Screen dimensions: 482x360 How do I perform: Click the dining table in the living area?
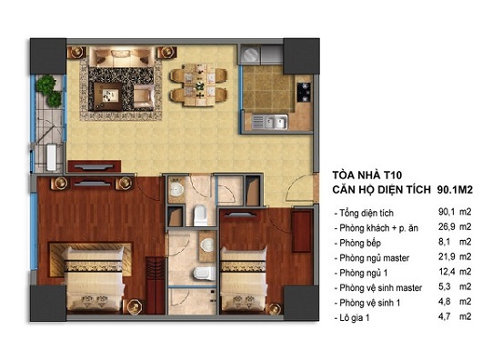[199, 85]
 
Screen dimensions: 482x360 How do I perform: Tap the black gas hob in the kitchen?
[304, 92]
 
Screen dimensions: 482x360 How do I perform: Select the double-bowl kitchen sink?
[269, 122]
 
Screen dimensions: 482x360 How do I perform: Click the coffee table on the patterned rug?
[107, 96]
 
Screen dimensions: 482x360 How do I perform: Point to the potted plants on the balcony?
[49, 91]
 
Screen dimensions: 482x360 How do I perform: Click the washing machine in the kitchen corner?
[250, 55]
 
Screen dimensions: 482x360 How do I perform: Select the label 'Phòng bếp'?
[360, 243]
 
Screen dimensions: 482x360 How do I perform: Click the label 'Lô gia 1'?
[354, 317]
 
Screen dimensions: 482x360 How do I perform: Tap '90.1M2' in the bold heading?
[455, 190]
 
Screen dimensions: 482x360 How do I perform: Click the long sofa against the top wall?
[122, 56]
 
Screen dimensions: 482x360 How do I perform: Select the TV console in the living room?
[94, 166]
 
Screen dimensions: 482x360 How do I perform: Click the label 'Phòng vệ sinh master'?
[380, 288]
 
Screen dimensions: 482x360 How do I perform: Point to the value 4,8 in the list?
[444, 301]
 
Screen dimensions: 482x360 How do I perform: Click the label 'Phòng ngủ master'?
[374, 258]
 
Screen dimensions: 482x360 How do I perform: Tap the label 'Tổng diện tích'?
[367, 213]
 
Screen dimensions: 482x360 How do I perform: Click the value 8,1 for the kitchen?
[444, 242]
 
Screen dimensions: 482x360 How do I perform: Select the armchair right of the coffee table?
[144, 96]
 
